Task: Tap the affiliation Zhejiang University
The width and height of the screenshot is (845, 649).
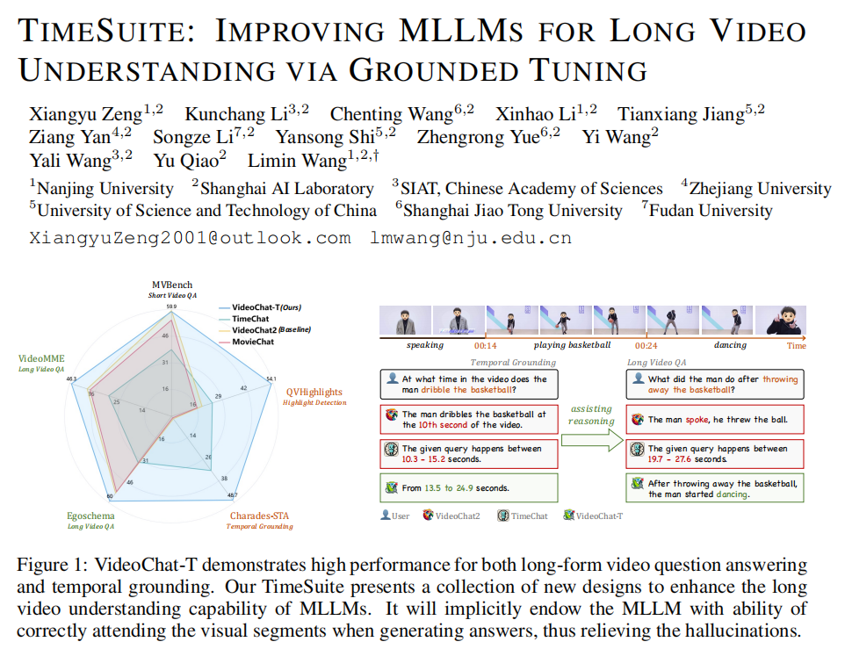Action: (x=760, y=188)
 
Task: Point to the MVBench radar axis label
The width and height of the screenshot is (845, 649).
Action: (x=172, y=286)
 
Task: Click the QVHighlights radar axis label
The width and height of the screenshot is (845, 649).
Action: (x=314, y=392)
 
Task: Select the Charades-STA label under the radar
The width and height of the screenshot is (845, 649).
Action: (x=260, y=516)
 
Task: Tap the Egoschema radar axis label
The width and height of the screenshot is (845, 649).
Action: (x=91, y=516)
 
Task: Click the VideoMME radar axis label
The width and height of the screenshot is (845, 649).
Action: (x=41, y=359)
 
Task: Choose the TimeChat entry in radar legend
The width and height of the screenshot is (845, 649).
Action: (x=249, y=319)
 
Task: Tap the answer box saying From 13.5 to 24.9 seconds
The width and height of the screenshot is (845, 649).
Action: (x=470, y=487)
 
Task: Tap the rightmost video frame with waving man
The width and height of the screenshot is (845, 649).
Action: (x=784, y=321)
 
